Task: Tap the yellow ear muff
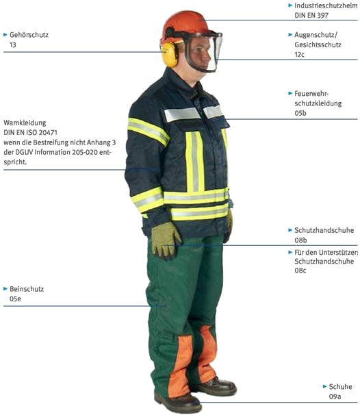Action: click(169, 54)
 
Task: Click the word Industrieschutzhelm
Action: click(326, 5)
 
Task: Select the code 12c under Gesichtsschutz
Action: click(299, 54)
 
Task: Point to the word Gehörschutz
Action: click(29, 35)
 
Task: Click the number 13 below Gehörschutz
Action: click(13, 45)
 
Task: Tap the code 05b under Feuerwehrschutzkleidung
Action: click(300, 113)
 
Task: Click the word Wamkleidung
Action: click(25, 123)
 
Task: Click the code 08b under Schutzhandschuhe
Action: click(300, 240)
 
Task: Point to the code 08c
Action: click(300, 271)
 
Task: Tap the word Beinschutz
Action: click(27, 289)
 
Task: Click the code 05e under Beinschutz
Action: click(15, 299)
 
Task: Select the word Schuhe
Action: click(340, 387)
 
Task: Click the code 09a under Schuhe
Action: click(335, 397)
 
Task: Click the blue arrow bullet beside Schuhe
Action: click(325, 386)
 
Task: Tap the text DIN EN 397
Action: click(311, 15)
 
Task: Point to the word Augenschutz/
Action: click(316, 35)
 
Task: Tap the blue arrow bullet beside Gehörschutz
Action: click(5, 34)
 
